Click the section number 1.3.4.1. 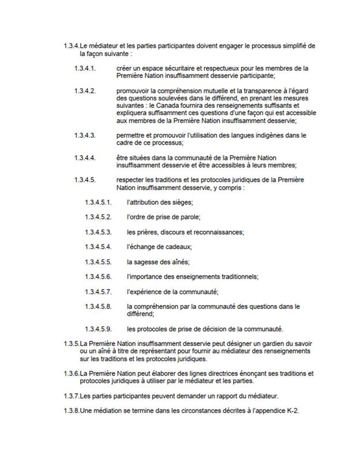[84, 69]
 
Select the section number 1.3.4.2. [84, 91]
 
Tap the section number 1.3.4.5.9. [98, 329]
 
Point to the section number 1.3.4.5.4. [98, 246]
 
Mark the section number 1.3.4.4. [84, 157]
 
